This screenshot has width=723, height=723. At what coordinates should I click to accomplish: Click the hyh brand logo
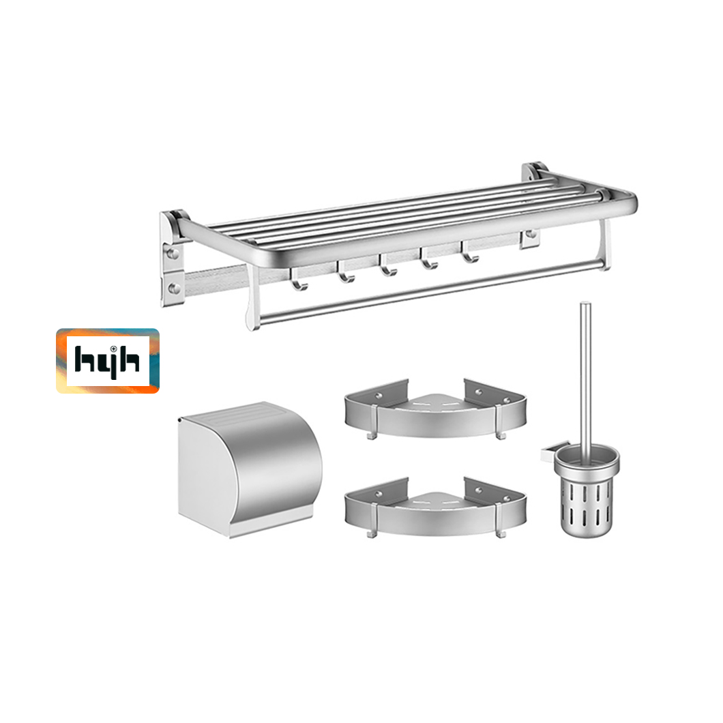(108, 361)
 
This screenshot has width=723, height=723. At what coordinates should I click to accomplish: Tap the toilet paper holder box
(250, 469)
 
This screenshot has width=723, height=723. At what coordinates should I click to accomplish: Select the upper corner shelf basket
(435, 409)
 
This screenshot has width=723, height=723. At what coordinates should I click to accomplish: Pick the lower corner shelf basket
(435, 507)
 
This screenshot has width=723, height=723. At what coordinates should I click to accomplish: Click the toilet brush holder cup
(587, 490)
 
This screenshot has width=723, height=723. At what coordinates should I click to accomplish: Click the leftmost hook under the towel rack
(299, 280)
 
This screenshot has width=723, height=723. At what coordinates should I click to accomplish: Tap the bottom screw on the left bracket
(175, 289)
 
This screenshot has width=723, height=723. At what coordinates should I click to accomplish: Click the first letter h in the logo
(84, 359)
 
